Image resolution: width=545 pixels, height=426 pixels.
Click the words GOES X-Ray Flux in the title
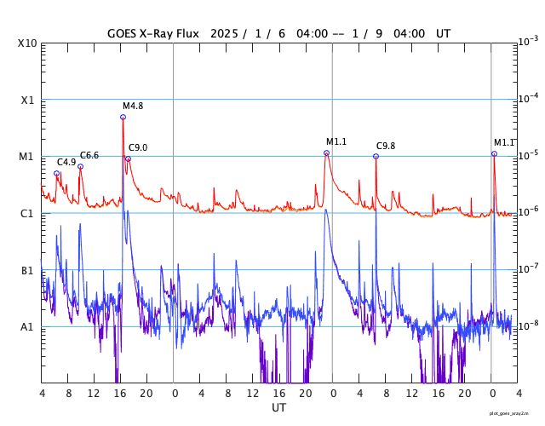(153, 34)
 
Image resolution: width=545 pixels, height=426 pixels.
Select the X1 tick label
(29, 100)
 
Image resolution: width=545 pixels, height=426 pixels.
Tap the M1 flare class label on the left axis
(28, 157)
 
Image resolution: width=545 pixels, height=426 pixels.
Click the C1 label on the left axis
(28, 213)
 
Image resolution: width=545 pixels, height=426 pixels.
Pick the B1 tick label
(28, 270)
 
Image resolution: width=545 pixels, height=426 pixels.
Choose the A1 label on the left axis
(28, 327)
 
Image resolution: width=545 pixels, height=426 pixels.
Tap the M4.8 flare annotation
(133, 106)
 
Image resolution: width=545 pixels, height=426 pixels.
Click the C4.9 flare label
(67, 162)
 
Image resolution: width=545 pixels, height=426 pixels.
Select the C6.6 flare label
(89, 155)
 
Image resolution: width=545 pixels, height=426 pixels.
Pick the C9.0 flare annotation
(138, 147)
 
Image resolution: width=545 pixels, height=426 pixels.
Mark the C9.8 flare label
(387, 146)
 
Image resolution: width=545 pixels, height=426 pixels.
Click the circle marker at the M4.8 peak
(123, 117)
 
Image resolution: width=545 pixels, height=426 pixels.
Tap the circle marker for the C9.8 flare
(376, 156)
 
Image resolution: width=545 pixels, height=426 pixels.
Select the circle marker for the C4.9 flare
(57, 173)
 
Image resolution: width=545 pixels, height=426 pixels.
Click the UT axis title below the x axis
(278, 408)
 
